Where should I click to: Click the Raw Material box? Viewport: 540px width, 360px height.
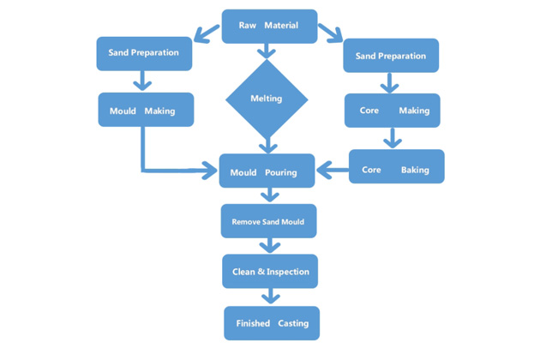269,27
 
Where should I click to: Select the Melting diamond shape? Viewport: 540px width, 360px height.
267,99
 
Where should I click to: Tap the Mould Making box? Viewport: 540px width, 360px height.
146,110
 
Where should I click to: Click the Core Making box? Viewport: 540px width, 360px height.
393,111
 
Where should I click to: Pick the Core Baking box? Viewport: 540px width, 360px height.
396,166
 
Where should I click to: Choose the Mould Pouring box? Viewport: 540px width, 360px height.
267,171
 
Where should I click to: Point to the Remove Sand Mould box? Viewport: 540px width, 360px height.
268,221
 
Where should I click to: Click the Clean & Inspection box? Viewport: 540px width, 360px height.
270,271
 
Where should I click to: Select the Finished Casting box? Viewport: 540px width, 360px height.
272,323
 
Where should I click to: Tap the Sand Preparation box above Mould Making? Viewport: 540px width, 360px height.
144,54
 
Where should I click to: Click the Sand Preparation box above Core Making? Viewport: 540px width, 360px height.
391,56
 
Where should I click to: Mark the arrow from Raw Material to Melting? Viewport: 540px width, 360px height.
267,51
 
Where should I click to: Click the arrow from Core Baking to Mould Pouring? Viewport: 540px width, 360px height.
333,170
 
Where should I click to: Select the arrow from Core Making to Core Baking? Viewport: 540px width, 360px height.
393,138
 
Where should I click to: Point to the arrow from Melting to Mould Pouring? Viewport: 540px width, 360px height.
268,146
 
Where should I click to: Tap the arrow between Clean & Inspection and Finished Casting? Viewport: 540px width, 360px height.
271,296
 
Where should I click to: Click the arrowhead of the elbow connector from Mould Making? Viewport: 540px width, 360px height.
209,171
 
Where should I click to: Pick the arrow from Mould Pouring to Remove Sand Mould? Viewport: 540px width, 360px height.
270,195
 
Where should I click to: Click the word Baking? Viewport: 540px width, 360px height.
415,170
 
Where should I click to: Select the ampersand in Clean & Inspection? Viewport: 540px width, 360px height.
261,272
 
